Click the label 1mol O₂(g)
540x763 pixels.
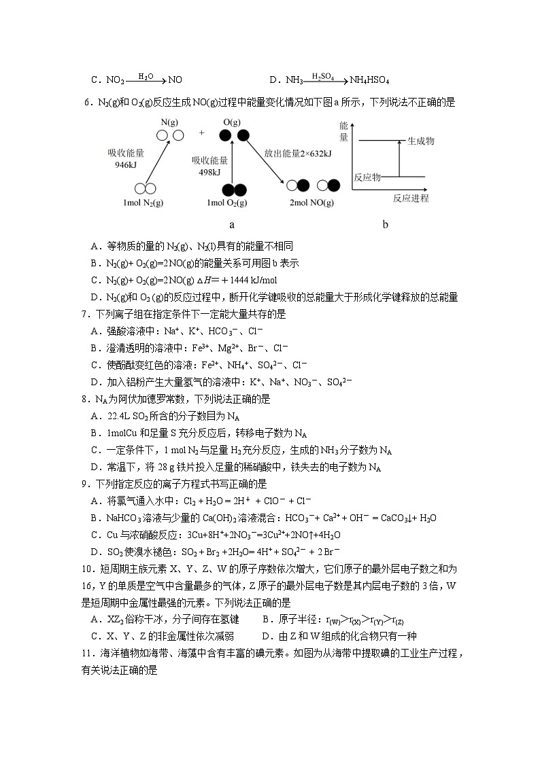[x=227, y=203]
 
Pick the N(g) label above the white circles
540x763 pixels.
[x=170, y=122]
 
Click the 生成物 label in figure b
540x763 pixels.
[x=420, y=141]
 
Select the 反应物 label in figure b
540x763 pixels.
[x=367, y=177]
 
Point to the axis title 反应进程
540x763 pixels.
[x=411, y=198]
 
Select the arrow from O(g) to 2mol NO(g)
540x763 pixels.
[x=264, y=162]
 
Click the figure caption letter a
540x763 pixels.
[x=232, y=224]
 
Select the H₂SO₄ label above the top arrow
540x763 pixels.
[x=322, y=77]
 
